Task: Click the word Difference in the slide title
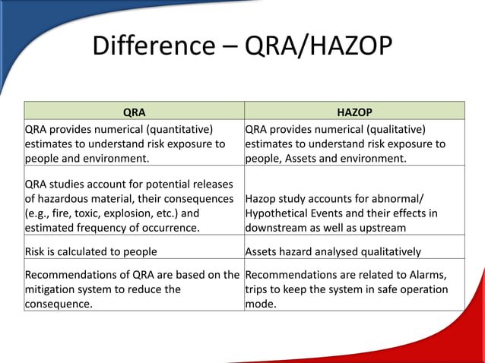click(153, 46)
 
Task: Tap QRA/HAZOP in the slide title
click(319, 46)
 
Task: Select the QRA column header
click(134, 112)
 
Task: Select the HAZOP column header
click(354, 112)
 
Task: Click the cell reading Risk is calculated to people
click(91, 251)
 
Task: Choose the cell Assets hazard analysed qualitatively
click(334, 251)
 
